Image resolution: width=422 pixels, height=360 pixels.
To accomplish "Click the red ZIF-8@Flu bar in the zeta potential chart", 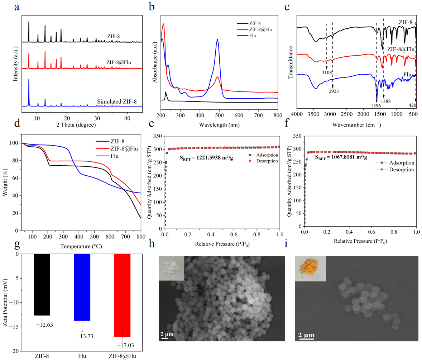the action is [122, 295].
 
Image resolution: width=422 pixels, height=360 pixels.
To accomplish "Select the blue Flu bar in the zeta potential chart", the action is [82, 287].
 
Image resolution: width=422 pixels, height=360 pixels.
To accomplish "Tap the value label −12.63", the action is [45, 325].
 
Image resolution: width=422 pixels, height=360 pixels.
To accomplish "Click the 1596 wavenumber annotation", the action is [376, 105].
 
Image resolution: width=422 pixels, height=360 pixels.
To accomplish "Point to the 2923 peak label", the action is [334, 91].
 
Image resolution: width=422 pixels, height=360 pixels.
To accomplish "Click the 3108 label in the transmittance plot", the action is [327, 72].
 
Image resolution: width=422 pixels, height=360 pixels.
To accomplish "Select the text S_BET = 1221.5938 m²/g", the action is [206, 158].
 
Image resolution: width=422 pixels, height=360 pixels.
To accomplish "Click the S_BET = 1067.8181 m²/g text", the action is [341, 157].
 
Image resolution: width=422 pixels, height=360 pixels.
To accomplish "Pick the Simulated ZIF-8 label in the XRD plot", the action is [117, 101].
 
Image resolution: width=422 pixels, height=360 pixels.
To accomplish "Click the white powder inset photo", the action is [171, 268].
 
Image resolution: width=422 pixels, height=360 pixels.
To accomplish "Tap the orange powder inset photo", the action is [310, 269].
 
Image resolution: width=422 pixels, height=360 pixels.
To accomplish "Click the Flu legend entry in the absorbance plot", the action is [246, 35].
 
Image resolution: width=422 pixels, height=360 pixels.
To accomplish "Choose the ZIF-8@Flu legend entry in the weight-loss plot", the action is [117, 149].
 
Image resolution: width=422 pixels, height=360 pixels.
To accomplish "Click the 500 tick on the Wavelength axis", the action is [219, 115].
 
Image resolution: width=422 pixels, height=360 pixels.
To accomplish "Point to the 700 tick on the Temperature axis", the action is [125, 237].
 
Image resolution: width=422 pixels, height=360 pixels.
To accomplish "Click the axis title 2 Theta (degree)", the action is [76, 125].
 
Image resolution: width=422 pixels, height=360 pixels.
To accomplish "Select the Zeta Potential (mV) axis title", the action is [5, 303].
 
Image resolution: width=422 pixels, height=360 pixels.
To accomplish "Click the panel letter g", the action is [17, 244].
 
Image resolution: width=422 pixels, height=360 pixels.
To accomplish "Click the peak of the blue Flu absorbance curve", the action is [217, 39].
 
